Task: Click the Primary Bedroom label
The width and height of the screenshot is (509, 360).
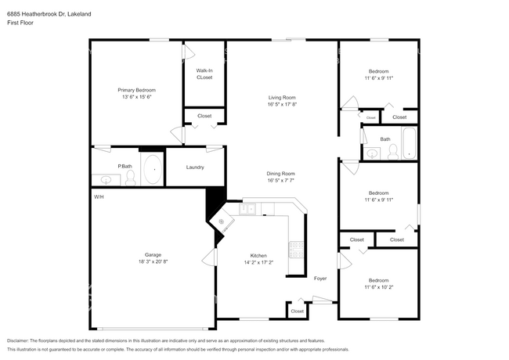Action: pos(136,90)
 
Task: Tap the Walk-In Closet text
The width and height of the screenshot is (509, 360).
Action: pos(204,74)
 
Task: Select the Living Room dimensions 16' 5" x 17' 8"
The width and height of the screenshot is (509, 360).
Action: pos(282,104)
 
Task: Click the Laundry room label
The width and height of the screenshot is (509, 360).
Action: pos(195,167)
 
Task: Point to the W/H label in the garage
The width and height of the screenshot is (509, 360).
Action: pos(99,196)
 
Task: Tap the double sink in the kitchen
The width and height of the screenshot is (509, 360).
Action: pos(248,209)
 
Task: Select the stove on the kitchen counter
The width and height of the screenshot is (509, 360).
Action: pos(296,249)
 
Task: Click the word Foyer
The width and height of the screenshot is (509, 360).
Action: pos(320,278)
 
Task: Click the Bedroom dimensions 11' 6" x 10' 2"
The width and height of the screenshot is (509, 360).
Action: pos(378,287)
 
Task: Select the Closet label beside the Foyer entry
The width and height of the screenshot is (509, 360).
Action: pos(297,311)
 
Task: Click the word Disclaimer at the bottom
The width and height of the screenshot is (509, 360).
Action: pos(20,340)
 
